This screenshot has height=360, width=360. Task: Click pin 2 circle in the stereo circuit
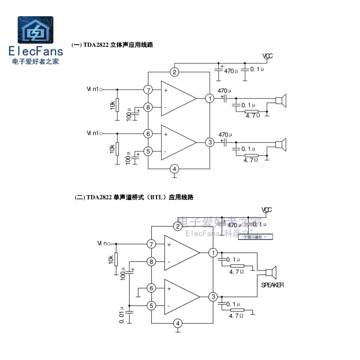(x=175, y=72)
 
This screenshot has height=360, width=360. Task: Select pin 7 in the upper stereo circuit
(x=148, y=90)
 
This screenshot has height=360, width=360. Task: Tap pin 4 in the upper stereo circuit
(x=175, y=169)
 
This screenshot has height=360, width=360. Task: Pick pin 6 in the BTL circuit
(x=151, y=288)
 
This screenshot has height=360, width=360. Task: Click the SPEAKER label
(x=273, y=285)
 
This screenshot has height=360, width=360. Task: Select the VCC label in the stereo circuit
(x=268, y=56)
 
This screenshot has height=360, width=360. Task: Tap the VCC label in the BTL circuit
(x=267, y=210)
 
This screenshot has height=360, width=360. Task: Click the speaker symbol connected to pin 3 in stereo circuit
(x=282, y=144)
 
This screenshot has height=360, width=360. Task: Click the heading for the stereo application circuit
(x=112, y=45)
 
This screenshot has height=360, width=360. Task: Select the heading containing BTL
(x=134, y=198)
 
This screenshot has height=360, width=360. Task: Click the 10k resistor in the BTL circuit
(x=116, y=259)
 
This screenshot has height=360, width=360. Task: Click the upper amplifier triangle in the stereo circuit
(x=178, y=99)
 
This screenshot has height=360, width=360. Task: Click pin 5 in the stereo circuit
(x=148, y=151)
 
